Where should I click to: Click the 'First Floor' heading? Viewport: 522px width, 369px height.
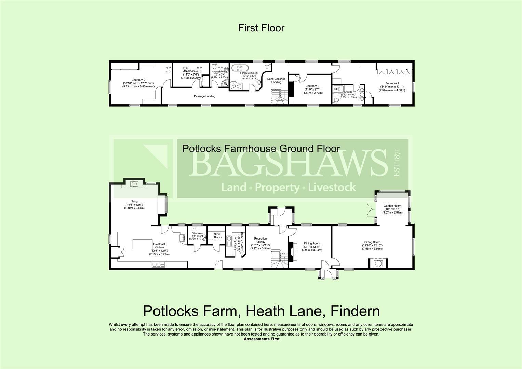[x=261, y=28]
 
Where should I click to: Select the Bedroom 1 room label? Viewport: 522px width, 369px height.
[x=392, y=83]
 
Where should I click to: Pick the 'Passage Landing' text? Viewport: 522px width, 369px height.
[x=204, y=96]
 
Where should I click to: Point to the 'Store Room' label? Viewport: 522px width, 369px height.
[x=217, y=236]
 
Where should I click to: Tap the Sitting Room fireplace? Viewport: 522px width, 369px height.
[x=378, y=263]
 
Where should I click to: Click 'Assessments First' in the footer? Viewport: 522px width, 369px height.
[x=261, y=339]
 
